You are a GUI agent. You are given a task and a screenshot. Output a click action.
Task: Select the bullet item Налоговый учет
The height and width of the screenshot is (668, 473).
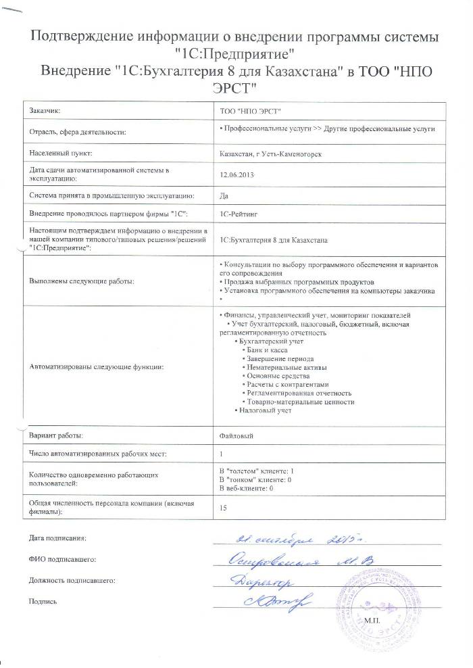tap(266, 410)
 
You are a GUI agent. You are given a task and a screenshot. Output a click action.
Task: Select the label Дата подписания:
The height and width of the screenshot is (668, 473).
tap(58, 538)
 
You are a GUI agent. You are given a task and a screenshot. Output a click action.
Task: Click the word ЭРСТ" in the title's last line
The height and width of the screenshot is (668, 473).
tap(234, 87)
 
